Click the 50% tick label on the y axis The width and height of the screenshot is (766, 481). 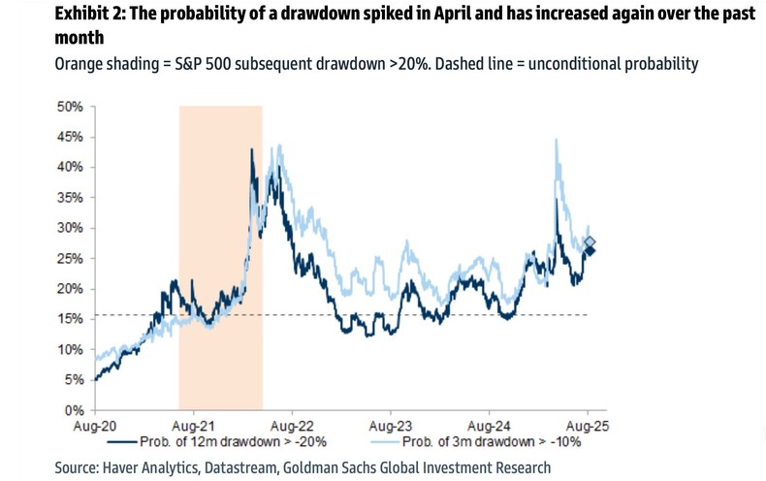pos(69,106)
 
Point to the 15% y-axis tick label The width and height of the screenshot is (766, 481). pos(69,319)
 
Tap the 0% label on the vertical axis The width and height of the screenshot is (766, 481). pos(73,411)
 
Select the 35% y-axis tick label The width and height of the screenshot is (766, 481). pos(69,197)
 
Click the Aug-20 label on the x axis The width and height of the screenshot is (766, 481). pos(94,425)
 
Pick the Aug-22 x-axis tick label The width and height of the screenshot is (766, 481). pos(292,425)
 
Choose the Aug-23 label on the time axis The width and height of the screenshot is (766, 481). pos(390,425)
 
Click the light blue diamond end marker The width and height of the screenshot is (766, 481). pos(590,242)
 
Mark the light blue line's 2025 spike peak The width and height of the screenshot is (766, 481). pos(556,141)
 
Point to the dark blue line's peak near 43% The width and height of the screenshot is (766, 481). pos(252,150)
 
